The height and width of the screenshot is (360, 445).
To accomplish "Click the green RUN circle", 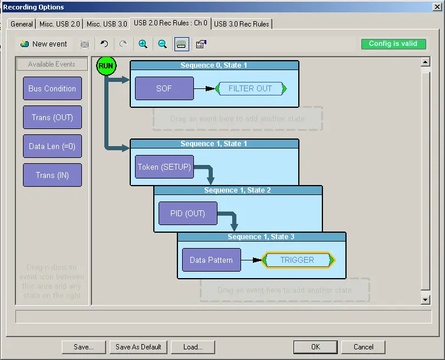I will tap(106, 65).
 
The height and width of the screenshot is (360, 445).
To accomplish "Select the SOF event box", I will tap(164, 88).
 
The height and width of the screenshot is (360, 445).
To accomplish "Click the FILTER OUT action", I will tap(250, 88).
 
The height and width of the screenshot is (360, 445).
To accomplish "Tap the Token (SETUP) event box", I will tap(164, 167).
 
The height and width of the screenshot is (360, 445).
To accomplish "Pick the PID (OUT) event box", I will tap(187, 213).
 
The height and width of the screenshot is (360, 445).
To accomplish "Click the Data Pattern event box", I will tap(211, 260).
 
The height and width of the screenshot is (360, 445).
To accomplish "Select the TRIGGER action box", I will tap(297, 260).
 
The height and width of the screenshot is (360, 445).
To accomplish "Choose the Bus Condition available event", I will tap(52, 88).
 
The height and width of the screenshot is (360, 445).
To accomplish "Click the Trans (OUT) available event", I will tap(52, 117).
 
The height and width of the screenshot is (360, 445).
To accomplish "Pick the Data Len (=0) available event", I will tap(52, 146).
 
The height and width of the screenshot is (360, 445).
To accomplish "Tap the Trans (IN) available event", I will tap(52, 175).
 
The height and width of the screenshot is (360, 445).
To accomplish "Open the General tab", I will tap(22, 24).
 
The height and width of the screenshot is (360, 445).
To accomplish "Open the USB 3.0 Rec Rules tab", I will tap(242, 24).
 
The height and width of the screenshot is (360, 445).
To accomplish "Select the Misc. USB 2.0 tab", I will tap(60, 24).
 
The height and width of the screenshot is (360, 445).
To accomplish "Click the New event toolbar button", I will tap(44, 44).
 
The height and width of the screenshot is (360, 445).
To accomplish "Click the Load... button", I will tap(193, 347).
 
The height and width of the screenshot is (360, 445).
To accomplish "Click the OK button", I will tap(316, 347).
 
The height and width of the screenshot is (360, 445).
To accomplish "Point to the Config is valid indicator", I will tap(393, 44).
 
